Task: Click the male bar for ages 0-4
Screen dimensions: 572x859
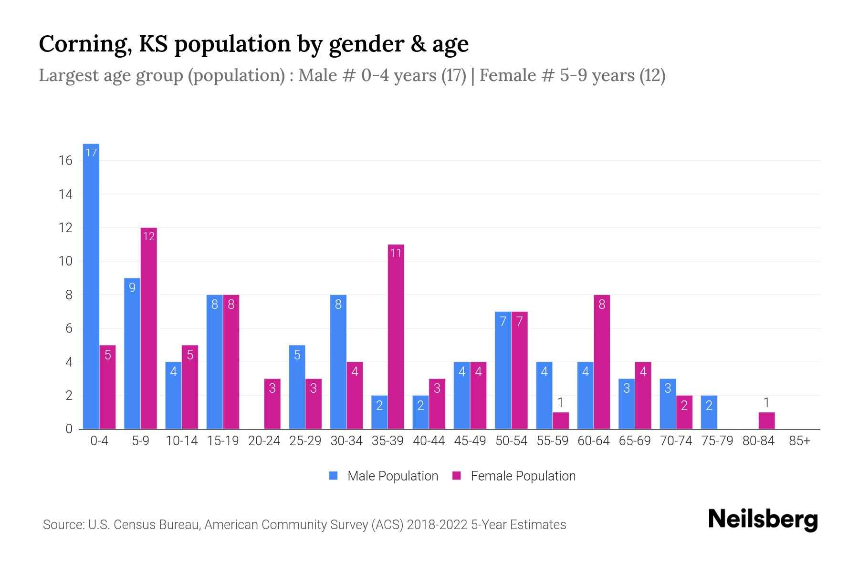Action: pos(91,286)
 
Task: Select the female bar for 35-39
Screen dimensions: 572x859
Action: pos(396,337)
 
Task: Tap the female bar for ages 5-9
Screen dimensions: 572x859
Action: pos(148,328)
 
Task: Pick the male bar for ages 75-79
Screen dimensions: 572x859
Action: pos(709,412)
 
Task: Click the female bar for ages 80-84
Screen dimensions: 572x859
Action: pos(766,421)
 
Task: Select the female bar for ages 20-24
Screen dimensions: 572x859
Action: pos(272,404)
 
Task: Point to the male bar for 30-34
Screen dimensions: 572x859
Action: pos(338,362)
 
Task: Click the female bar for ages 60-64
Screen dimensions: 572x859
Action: pos(602,362)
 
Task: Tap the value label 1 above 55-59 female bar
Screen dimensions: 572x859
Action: pos(561,403)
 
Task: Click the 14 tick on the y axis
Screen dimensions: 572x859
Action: pos(65,194)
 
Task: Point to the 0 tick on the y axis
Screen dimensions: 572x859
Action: pos(69,429)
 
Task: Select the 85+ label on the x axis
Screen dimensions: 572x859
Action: pos(799,441)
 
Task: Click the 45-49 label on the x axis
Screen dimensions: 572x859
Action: pos(470,441)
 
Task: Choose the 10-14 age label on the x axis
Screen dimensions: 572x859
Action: pos(181,441)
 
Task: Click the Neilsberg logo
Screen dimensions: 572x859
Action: pos(763,520)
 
